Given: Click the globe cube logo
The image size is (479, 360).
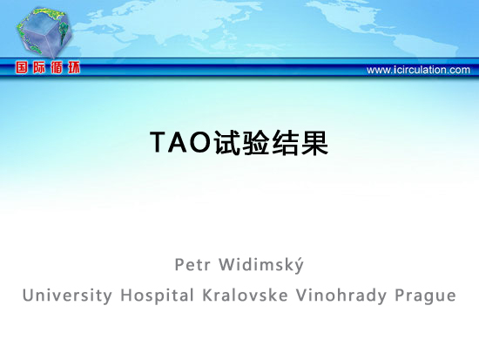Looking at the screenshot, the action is [45, 31].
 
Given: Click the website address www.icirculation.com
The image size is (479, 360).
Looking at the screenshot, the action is [418, 70].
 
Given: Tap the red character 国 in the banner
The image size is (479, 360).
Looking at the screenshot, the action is [22, 67].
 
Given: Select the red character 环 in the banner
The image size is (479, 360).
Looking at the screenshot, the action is [74, 67].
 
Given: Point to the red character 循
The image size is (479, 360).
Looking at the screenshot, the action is [57, 67].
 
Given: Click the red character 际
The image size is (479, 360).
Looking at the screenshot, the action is [39, 67].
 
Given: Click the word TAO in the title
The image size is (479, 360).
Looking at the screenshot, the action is [181, 142].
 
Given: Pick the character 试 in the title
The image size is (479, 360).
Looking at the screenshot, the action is [227, 142].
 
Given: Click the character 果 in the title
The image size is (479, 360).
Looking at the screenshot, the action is [314, 142].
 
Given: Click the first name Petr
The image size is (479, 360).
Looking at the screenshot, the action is [192, 265].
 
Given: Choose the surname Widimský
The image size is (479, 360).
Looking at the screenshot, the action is [261, 265].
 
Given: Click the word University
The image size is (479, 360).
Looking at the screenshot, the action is [68, 295].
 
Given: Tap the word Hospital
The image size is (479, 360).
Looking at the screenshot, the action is [158, 295].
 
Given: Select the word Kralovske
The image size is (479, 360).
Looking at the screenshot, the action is [245, 295].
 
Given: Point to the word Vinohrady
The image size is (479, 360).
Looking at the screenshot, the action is [341, 295].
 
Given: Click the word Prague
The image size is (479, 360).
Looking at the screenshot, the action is [426, 296].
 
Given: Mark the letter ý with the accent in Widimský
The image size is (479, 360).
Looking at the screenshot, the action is [299, 266].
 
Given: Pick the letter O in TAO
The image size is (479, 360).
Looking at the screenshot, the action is [201, 142].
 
